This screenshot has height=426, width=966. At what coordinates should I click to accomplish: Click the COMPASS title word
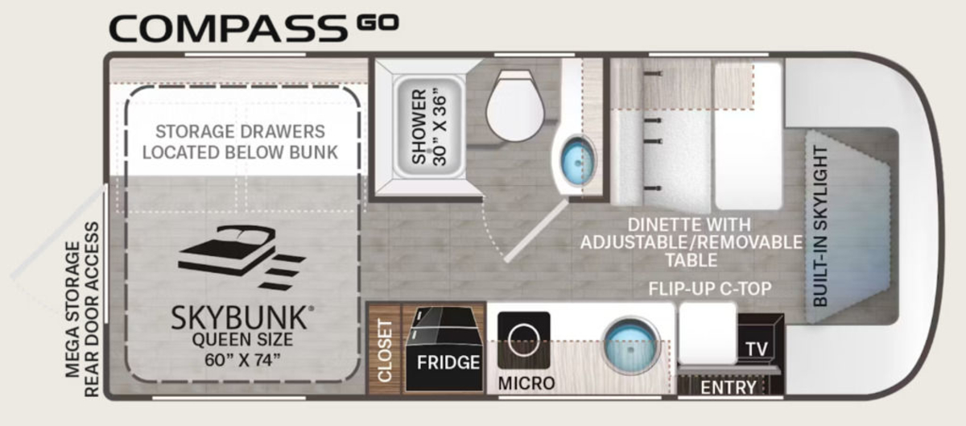click(228, 29)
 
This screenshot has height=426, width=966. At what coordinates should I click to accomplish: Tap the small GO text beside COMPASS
click(378, 22)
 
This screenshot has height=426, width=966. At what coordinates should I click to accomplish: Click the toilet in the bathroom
click(514, 105)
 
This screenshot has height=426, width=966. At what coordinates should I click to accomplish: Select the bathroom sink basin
click(578, 159)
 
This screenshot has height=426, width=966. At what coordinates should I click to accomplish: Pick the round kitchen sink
click(631, 345)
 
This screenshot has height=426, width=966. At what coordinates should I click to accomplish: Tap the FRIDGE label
click(448, 362)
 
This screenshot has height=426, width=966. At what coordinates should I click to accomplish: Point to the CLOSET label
click(384, 350)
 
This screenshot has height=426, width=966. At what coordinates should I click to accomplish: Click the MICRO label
click(526, 383)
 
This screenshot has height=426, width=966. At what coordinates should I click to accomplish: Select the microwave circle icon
click(523, 339)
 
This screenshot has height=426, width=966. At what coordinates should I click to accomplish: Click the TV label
click(757, 349)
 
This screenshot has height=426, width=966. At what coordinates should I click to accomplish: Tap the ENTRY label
click(729, 387)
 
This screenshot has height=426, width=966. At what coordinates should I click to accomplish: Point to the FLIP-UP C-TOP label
click(710, 289)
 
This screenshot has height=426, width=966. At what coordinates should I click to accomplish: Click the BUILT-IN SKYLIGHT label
click(820, 226)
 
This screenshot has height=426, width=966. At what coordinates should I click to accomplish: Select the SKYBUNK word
click(239, 318)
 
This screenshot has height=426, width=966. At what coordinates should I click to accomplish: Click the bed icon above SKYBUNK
click(242, 257)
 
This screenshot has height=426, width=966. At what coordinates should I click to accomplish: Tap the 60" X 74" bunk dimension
click(242, 359)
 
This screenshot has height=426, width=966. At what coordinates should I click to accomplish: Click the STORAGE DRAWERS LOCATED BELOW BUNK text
click(240, 142)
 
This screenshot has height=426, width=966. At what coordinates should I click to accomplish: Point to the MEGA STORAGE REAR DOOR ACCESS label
click(82, 309)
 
